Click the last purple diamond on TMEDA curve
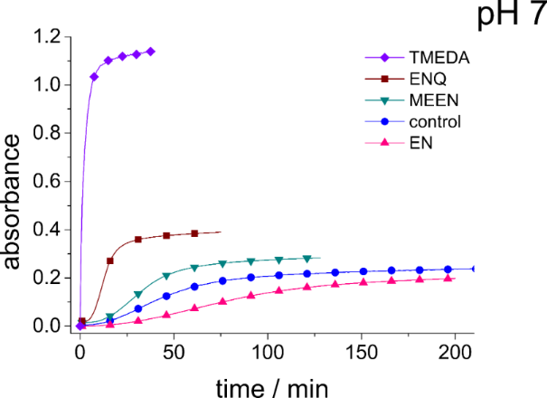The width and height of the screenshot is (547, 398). pyautogui.click(x=150, y=52)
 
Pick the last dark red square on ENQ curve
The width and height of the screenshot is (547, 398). pyautogui.click(x=194, y=233)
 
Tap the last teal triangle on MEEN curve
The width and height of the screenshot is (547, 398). pyautogui.click(x=307, y=259)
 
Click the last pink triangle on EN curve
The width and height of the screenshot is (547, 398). pyautogui.click(x=448, y=279)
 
